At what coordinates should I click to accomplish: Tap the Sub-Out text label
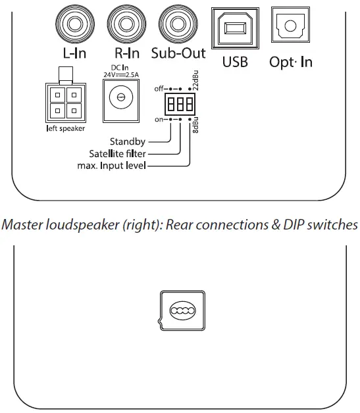tap(178, 53)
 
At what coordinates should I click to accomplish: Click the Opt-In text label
tap(290, 62)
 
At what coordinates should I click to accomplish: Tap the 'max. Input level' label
tap(113, 166)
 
